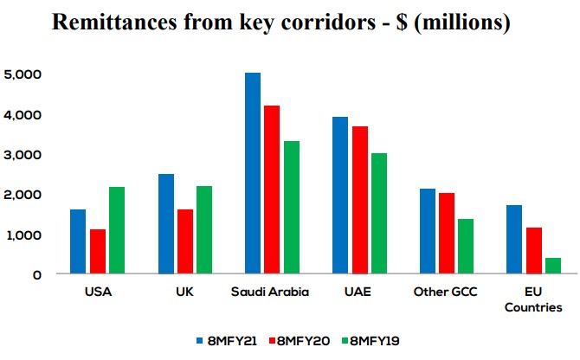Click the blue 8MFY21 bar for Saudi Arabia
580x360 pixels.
[253, 173]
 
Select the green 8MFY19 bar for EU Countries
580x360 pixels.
[553, 266]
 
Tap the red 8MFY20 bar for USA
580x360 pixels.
[97, 252]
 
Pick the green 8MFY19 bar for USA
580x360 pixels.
[117, 230]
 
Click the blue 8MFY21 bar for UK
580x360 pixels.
[165, 224]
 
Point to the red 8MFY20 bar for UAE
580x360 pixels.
[360, 200]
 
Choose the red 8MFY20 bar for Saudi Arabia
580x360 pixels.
[272, 190]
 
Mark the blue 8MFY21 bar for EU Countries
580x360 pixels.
[514, 240]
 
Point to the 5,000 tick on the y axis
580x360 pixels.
[23, 74]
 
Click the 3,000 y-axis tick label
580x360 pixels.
[23, 154]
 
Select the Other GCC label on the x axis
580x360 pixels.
[447, 292]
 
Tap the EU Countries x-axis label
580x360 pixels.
[534, 299]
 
